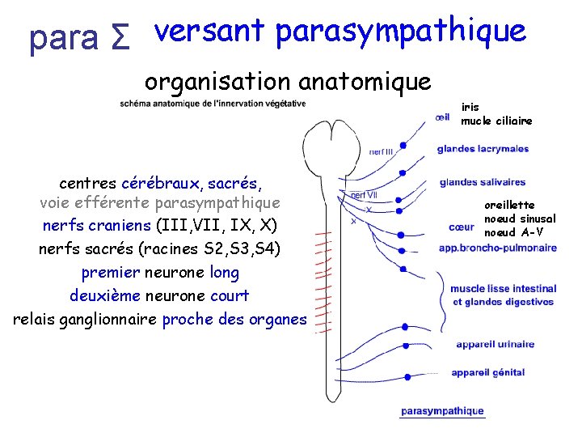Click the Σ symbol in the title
[118, 39]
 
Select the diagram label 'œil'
[442, 117]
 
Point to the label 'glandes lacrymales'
[483, 149]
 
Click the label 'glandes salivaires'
[483, 182]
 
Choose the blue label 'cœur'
[462, 227]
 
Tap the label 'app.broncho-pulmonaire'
[497, 248]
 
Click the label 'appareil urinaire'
[495, 344]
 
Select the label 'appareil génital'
[488, 372]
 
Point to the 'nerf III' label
[382, 151]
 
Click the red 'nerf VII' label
[363, 194]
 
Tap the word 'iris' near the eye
[470, 107]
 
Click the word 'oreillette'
[509, 206]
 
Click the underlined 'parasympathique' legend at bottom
[442, 412]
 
